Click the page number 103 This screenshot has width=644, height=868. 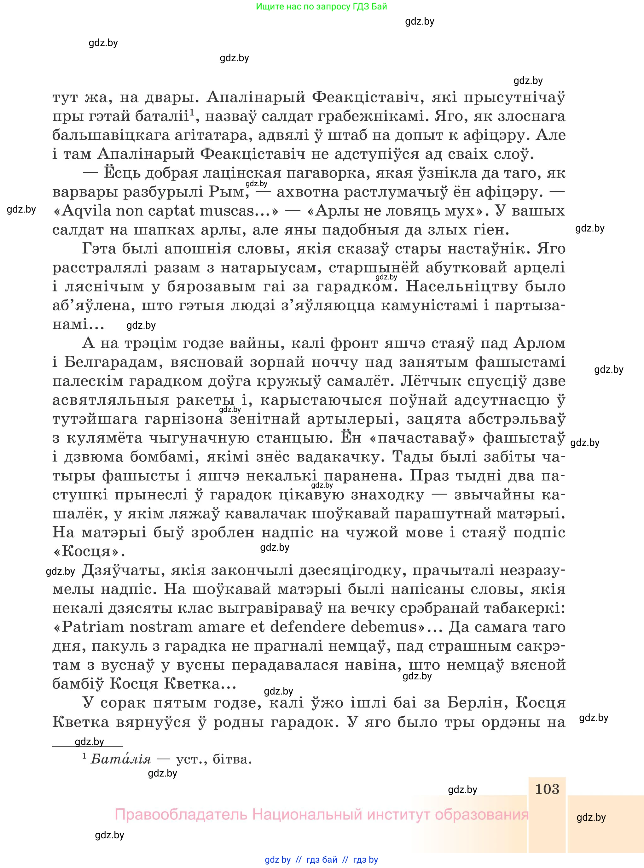(x=547, y=789)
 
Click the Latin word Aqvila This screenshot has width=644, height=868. (x=86, y=211)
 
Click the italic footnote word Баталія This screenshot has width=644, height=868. (x=120, y=759)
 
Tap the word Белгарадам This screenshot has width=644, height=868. (x=113, y=362)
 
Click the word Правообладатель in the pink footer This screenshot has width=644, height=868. (x=181, y=815)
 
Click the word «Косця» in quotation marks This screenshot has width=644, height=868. (x=89, y=552)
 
